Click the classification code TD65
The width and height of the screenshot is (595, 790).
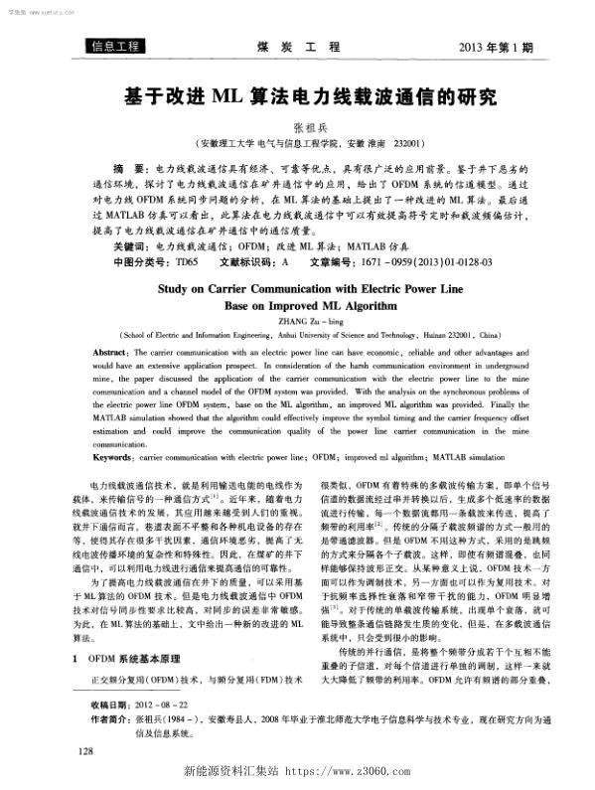(x=187, y=262)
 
